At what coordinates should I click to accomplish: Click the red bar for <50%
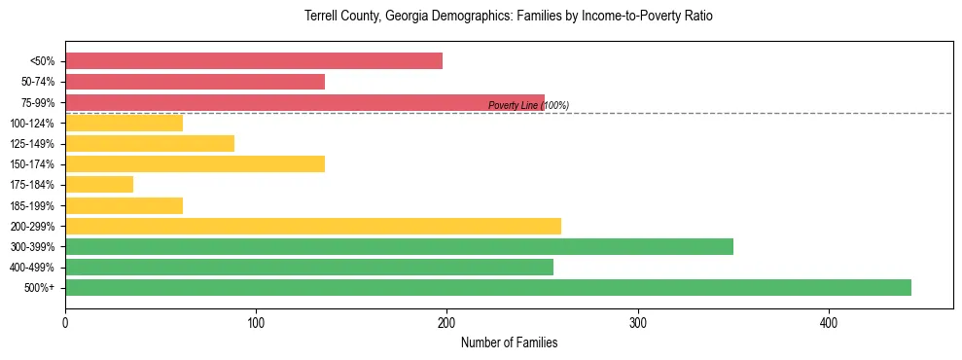coord(254,61)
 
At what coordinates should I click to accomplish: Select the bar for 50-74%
coord(195,82)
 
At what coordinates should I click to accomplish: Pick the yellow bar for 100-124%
coord(124,123)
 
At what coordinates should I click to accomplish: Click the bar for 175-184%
coord(99,185)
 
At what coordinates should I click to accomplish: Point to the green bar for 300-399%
coord(399,247)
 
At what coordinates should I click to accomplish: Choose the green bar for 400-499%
coord(309,268)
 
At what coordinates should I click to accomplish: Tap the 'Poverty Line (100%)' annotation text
coord(528,105)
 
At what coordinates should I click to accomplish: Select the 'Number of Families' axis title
coord(509,343)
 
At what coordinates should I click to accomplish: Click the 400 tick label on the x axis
coord(829,323)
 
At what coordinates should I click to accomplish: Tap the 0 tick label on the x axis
coord(65,323)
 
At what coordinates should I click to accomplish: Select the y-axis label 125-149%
coord(32,144)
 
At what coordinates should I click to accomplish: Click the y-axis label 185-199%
coord(32,206)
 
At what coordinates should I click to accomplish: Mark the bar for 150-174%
coord(195,164)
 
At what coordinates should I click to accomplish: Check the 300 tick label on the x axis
coord(638,323)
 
